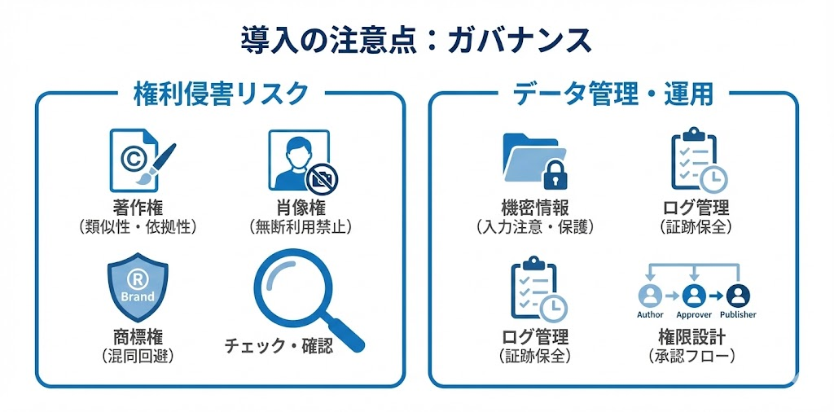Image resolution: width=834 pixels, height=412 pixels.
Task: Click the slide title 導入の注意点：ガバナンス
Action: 415,39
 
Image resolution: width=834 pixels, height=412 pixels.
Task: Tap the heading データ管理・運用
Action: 612,94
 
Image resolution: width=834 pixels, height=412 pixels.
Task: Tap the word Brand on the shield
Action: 137,296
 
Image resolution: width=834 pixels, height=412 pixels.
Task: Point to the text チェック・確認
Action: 279,346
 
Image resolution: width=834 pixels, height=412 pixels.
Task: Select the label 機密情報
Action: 534,205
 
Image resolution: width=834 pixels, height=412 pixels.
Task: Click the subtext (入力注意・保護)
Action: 534,226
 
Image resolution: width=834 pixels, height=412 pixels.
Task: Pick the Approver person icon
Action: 694,295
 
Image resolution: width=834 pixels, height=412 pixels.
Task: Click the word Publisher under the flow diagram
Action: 738,314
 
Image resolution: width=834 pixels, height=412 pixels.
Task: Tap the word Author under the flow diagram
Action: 650,314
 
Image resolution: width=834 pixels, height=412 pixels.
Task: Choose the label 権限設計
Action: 693,335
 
